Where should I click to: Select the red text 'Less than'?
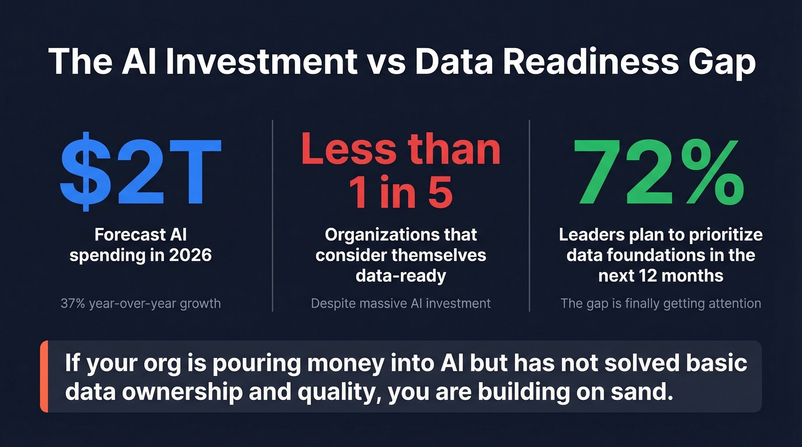pyautogui.click(x=400, y=149)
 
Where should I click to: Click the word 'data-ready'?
pyautogui.click(x=400, y=275)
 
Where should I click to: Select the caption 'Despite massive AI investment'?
pyautogui.click(x=400, y=303)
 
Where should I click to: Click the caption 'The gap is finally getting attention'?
pyautogui.click(x=661, y=303)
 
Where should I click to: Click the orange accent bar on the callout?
pyautogui.click(x=44, y=377)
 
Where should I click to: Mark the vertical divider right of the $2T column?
pyautogui.click(x=273, y=216)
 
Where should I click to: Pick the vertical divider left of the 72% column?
pyautogui.click(x=529, y=216)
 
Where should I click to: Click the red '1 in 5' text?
pyautogui.click(x=400, y=193)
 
